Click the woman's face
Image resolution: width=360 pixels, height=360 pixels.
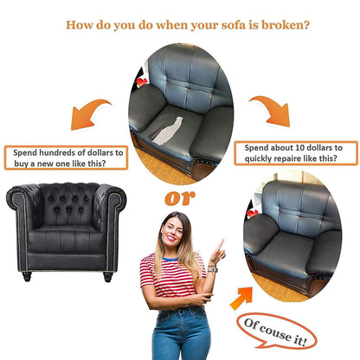coord(172,231)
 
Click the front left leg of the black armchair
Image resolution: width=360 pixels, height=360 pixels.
coord(26,276)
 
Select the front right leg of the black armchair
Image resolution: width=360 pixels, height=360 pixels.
coord(108,276)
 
